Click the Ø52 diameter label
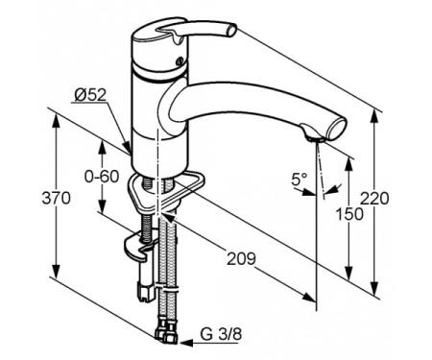pyautogui.click(x=90, y=95)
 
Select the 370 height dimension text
pyautogui.click(x=56, y=199)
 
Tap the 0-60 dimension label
pyautogui.click(x=102, y=177)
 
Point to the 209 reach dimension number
pyautogui.click(x=242, y=258)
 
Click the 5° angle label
pyautogui.click(x=299, y=180)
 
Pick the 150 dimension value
pyautogui.click(x=349, y=214)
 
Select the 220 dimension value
pyautogui.click(x=374, y=199)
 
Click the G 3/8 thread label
pyautogui.click(x=221, y=334)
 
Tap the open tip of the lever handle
pyautogui.click(x=231, y=31)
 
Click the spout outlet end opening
pyautogui.click(x=337, y=129)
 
